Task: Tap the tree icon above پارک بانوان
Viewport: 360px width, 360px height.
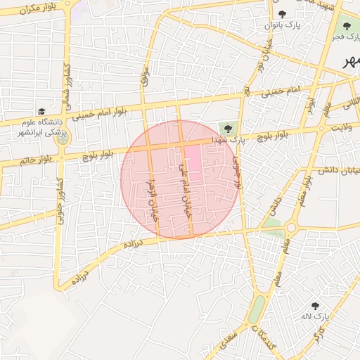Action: pos(283,14)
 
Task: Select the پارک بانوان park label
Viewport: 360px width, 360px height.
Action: pos(283,25)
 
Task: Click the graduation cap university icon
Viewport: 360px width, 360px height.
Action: pos(41,111)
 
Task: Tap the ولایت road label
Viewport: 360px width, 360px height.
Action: pos(341,127)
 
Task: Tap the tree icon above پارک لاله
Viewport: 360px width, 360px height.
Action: pos(314,307)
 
